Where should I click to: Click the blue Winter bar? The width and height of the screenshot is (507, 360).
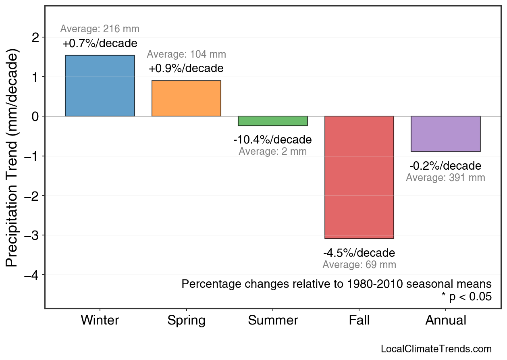pyautogui.click(x=100, y=86)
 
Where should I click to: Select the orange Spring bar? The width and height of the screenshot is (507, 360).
pyautogui.click(x=186, y=98)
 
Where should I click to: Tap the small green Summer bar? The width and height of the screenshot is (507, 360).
pyautogui.click(x=273, y=121)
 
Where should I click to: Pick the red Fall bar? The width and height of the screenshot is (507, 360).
pyautogui.click(x=359, y=177)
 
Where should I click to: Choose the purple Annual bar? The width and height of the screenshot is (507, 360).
pyautogui.click(x=445, y=134)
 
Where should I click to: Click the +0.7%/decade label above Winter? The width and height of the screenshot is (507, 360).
pyautogui.click(x=100, y=44)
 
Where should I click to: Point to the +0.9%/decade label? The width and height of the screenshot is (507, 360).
pyautogui.click(x=186, y=69)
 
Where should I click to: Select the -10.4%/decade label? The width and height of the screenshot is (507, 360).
pyautogui.click(x=273, y=140)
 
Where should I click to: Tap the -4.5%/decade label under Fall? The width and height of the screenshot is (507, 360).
pyautogui.click(x=359, y=253)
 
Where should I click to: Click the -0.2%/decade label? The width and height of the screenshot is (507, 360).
pyautogui.click(x=445, y=166)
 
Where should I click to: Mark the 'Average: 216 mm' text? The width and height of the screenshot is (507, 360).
pyautogui.click(x=100, y=29)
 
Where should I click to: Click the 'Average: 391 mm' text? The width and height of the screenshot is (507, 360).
pyautogui.click(x=445, y=178)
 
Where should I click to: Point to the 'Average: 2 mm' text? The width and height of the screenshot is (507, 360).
pyautogui.click(x=273, y=152)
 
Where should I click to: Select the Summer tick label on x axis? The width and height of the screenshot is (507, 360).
pyautogui.click(x=273, y=320)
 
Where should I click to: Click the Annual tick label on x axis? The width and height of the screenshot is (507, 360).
pyautogui.click(x=445, y=320)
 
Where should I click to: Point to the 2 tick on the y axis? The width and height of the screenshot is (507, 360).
pyautogui.click(x=36, y=37)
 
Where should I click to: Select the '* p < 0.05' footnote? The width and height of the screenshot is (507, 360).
pyautogui.click(x=467, y=297)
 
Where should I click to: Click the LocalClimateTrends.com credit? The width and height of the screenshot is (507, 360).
pyautogui.click(x=436, y=349)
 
